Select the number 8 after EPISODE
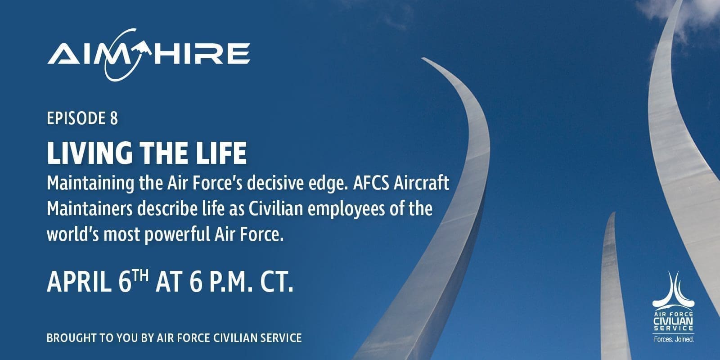114,118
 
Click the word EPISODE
76,118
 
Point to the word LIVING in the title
90,153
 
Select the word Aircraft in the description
421,183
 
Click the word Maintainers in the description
90,209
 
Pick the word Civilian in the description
276,209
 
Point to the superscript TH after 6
140,276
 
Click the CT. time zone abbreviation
276,282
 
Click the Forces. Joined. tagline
674,339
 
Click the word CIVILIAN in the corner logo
673,321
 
